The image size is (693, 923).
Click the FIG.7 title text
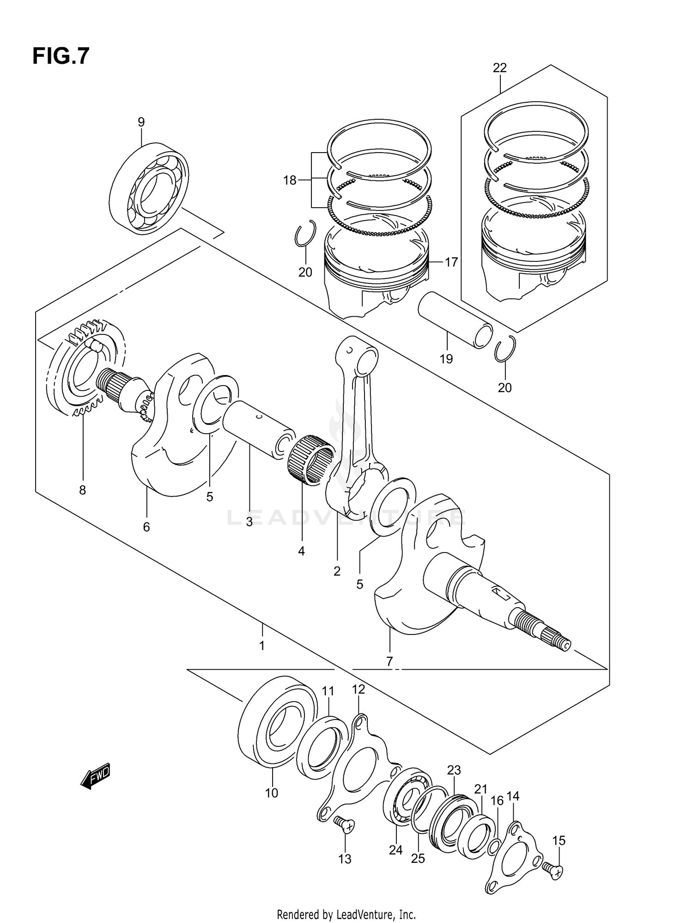[x=61, y=56]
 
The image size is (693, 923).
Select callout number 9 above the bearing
[x=141, y=122]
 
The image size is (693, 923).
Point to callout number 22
[x=499, y=68]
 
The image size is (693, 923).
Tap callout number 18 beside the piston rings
[x=290, y=180]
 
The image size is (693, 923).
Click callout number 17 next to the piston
[x=451, y=262]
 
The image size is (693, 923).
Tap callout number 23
[x=454, y=770]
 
